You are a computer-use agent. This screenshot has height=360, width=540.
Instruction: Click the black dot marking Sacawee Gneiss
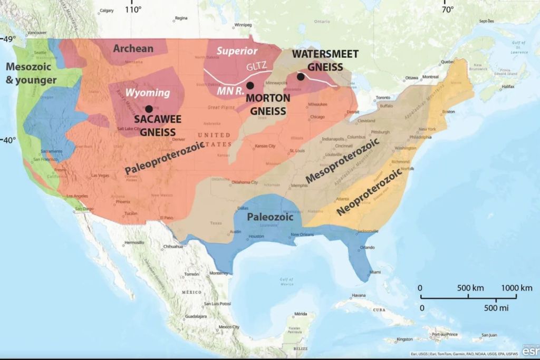click(x=149, y=109)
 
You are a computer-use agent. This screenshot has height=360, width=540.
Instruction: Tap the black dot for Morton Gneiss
click(x=250, y=85)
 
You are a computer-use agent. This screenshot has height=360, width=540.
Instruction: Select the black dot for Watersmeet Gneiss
click(x=301, y=77)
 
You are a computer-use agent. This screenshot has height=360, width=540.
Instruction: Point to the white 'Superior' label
click(x=237, y=51)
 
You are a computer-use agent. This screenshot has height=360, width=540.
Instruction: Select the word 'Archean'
click(x=133, y=48)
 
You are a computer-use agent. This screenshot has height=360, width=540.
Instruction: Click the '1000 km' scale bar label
click(x=517, y=288)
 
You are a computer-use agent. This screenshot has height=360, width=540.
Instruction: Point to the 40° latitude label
click(x=9, y=140)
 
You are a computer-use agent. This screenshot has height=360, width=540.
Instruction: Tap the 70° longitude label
click(x=447, y=9)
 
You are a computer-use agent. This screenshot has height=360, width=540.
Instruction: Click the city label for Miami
click(x=375, y=272)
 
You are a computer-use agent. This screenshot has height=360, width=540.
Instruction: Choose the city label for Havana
click(x=359, y=295)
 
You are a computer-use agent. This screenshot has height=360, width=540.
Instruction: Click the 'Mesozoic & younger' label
click(x=31, y=73)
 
